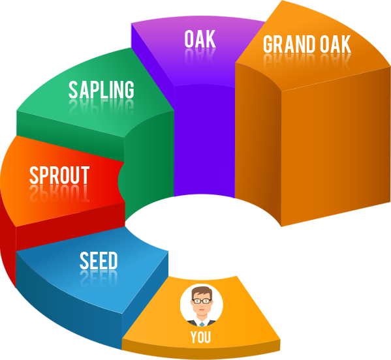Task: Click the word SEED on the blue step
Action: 99,260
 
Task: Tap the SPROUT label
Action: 59,175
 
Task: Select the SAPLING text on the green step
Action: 101,89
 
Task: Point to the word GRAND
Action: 290,44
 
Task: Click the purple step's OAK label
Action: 200,39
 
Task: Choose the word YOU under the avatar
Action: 201,337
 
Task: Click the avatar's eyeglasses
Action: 202,301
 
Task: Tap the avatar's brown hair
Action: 202,292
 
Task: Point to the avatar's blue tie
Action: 202,324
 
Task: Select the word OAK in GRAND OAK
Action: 336,44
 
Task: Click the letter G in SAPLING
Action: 129,89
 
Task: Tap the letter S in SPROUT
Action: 33,175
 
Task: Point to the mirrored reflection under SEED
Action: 99,278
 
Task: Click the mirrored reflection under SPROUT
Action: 59,193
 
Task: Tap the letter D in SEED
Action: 113,260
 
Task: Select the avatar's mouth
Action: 202,310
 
